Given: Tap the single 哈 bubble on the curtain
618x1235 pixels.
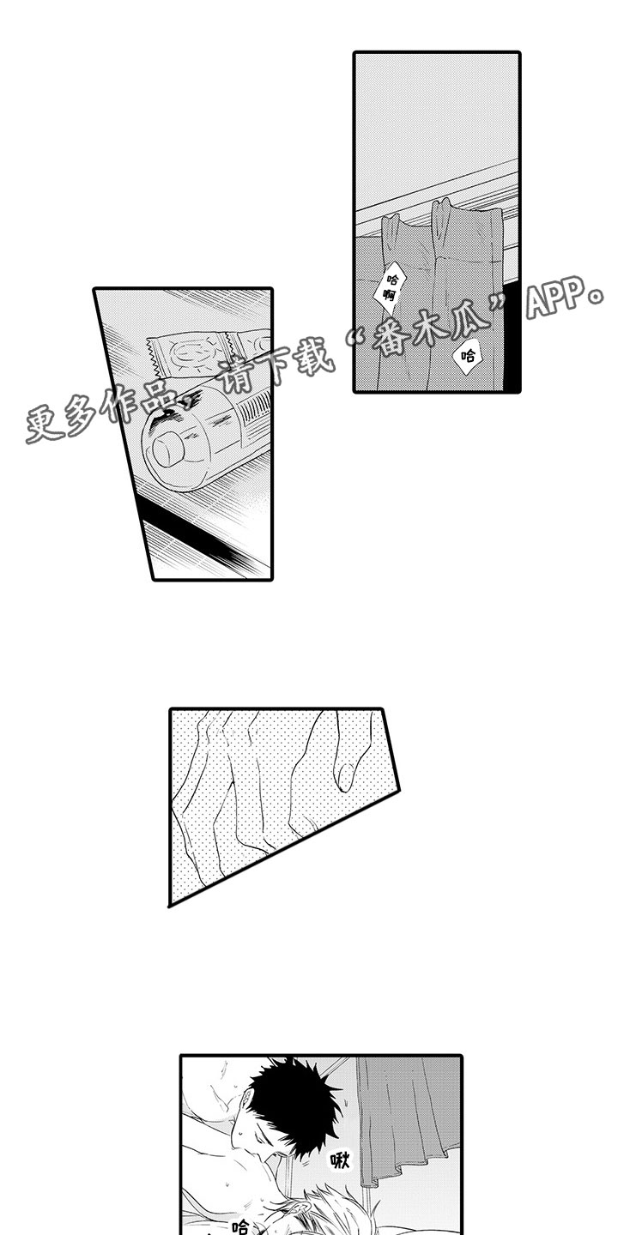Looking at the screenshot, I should tap(468, 353).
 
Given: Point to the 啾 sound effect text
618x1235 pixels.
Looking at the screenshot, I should tap(342, 1160).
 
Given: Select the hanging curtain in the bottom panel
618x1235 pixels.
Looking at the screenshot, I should tap(408, 1124).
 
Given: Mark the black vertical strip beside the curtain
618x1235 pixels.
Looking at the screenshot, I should tap(512, 343).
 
